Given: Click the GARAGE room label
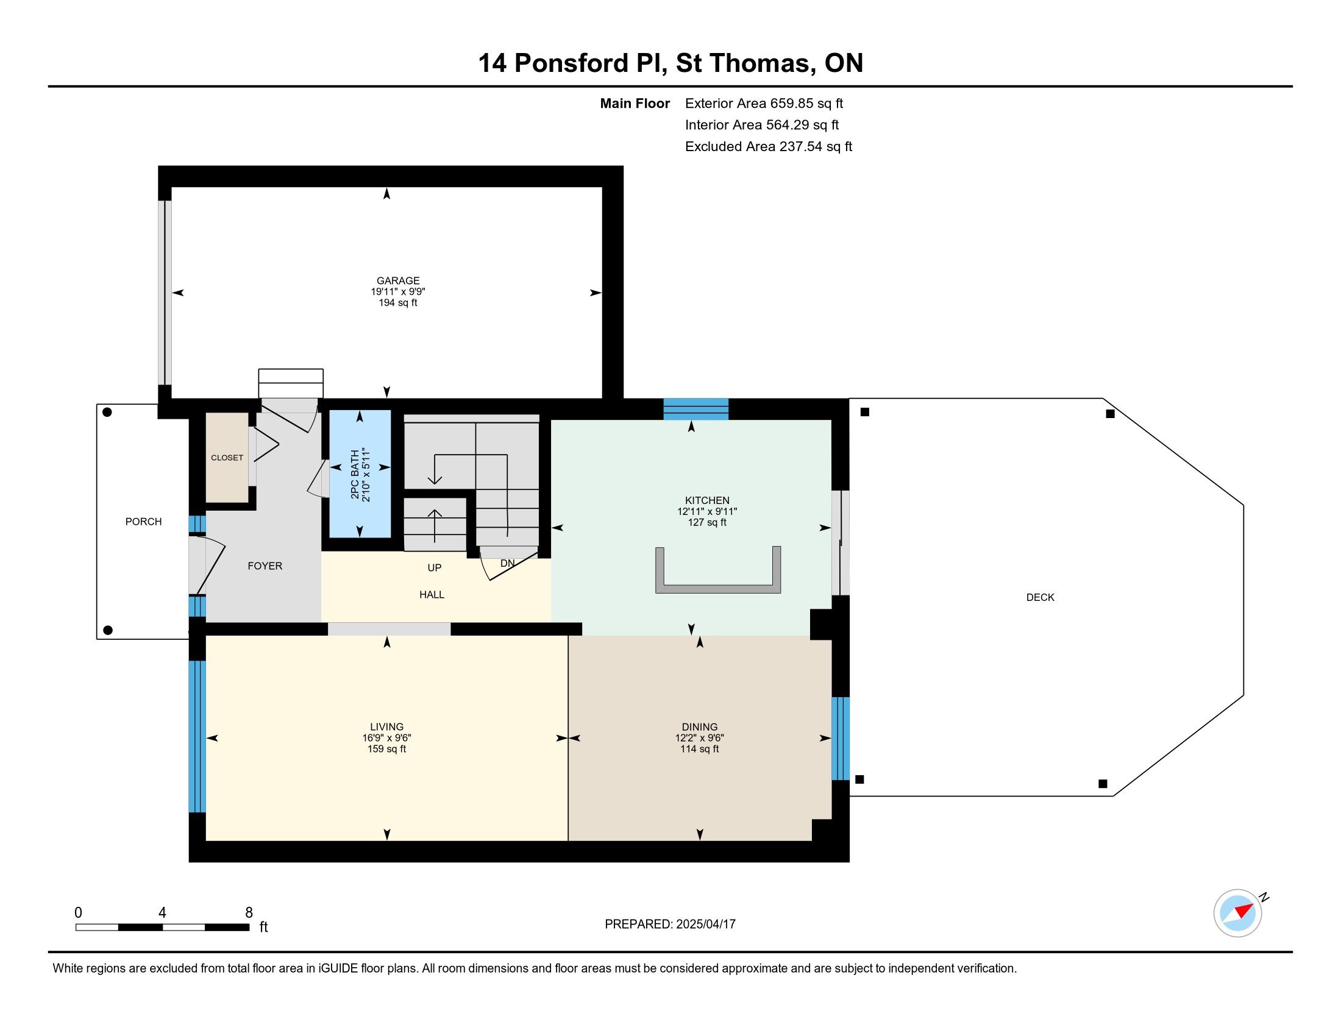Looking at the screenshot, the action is click(x=398, y=280).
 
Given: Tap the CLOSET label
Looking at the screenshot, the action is click(x=227, y=458).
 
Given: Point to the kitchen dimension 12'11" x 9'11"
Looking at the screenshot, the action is click(x=707, y=511).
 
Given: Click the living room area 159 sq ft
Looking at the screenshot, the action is click(x=387, y=749).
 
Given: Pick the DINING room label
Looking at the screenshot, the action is click(x=699, y=726).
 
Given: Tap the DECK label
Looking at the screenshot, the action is click(x=1040, y=597).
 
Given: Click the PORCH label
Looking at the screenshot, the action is click(x=144, y=522).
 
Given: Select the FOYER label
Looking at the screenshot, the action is click(x=265, y=566).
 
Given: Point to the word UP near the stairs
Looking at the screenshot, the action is click(x=435, y=568).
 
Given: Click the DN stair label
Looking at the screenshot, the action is click(x=507, y=564).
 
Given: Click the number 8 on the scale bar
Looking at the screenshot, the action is click(x=249, y=913).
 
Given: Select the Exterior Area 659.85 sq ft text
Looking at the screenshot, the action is click(x=764, y=104).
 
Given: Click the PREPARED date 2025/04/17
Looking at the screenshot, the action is click(x=705, y=924).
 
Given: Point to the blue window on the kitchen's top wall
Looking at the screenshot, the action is click(x=695, y=409).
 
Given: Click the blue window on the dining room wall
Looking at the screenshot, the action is click(x=841, y=739).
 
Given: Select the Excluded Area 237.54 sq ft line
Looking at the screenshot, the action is click(x=769, y=147).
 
